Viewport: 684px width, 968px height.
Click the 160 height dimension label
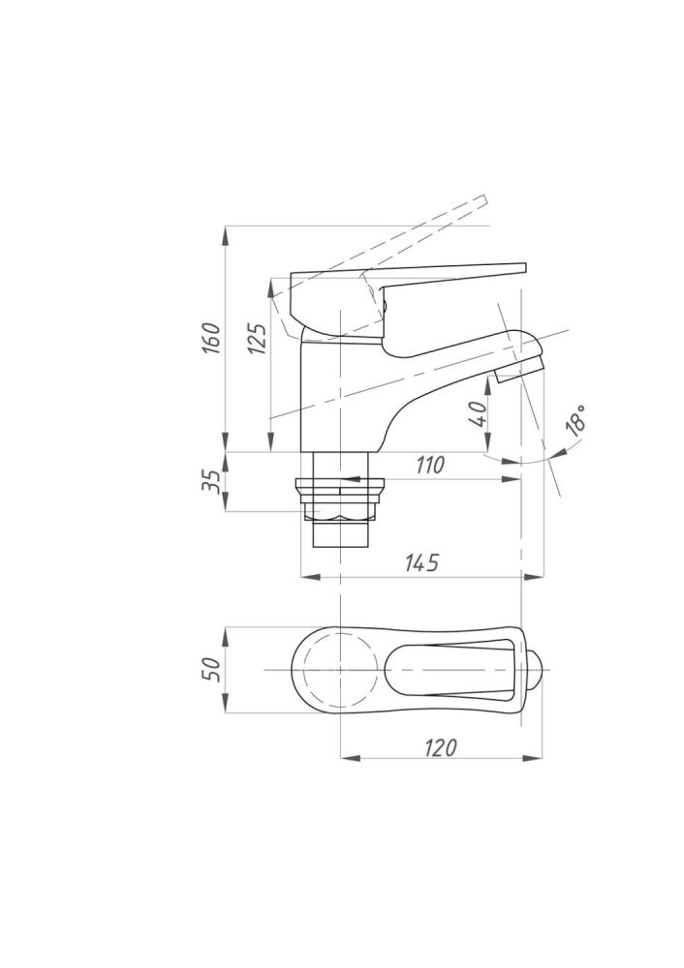211,337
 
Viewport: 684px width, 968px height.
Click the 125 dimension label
257,337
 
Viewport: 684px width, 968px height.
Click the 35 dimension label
210,481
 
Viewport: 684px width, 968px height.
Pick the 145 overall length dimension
422,561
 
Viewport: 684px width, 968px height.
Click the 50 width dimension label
211,669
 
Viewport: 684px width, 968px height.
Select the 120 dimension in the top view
441,747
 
